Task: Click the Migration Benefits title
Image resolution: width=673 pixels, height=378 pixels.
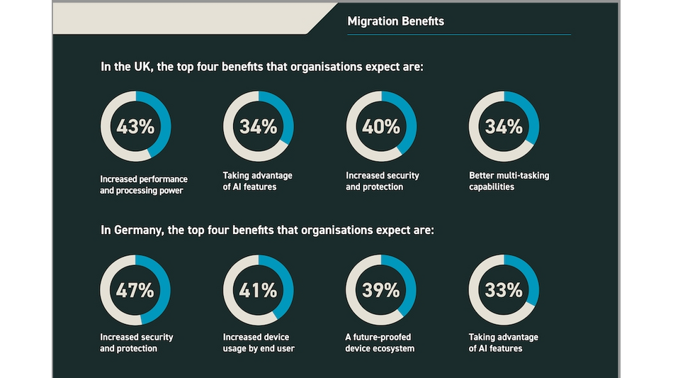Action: coord(395,21)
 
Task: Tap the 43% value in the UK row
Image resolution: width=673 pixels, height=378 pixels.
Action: coord(135,127)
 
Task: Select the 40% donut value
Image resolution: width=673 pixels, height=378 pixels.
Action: coord(381,127)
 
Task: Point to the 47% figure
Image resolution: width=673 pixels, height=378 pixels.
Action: coord(135,290)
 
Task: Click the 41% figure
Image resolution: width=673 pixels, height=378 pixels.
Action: coord(258,290)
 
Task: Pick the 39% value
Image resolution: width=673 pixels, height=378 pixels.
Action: coord(381,290)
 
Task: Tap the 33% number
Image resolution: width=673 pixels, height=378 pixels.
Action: coord(504,290)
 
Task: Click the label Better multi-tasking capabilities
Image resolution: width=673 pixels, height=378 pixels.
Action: coord(509,181)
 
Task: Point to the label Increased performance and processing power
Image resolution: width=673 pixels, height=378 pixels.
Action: coord(144,184)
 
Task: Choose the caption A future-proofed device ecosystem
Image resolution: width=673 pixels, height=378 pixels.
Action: coord(380,343)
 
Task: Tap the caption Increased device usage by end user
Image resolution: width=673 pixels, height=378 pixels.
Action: coord(259,343)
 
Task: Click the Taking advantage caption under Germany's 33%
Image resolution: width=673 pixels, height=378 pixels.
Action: coord(503,343)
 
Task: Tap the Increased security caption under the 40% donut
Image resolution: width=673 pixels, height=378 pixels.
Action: coord(383,181)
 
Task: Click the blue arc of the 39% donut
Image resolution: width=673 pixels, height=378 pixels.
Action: coord(410,284)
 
